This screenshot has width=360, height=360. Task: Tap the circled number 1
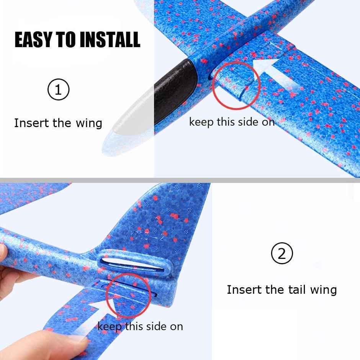click(x=58, y=90)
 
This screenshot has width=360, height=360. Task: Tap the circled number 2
click(x=282, y=254)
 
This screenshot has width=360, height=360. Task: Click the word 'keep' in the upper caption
click(x=201, y=122)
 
